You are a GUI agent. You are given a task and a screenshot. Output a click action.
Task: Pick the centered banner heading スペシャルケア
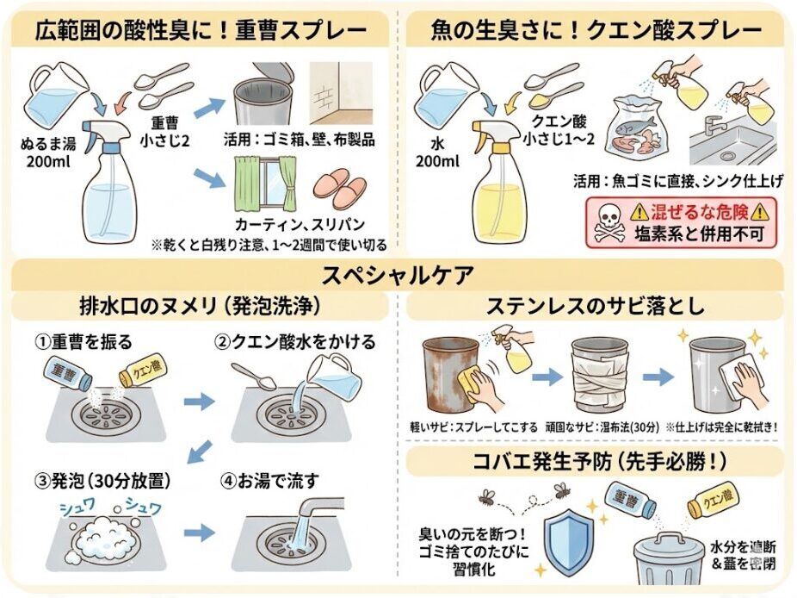click(x=398, y=276)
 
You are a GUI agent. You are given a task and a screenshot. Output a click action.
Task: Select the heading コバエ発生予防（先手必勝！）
click(x=595, y=461)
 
